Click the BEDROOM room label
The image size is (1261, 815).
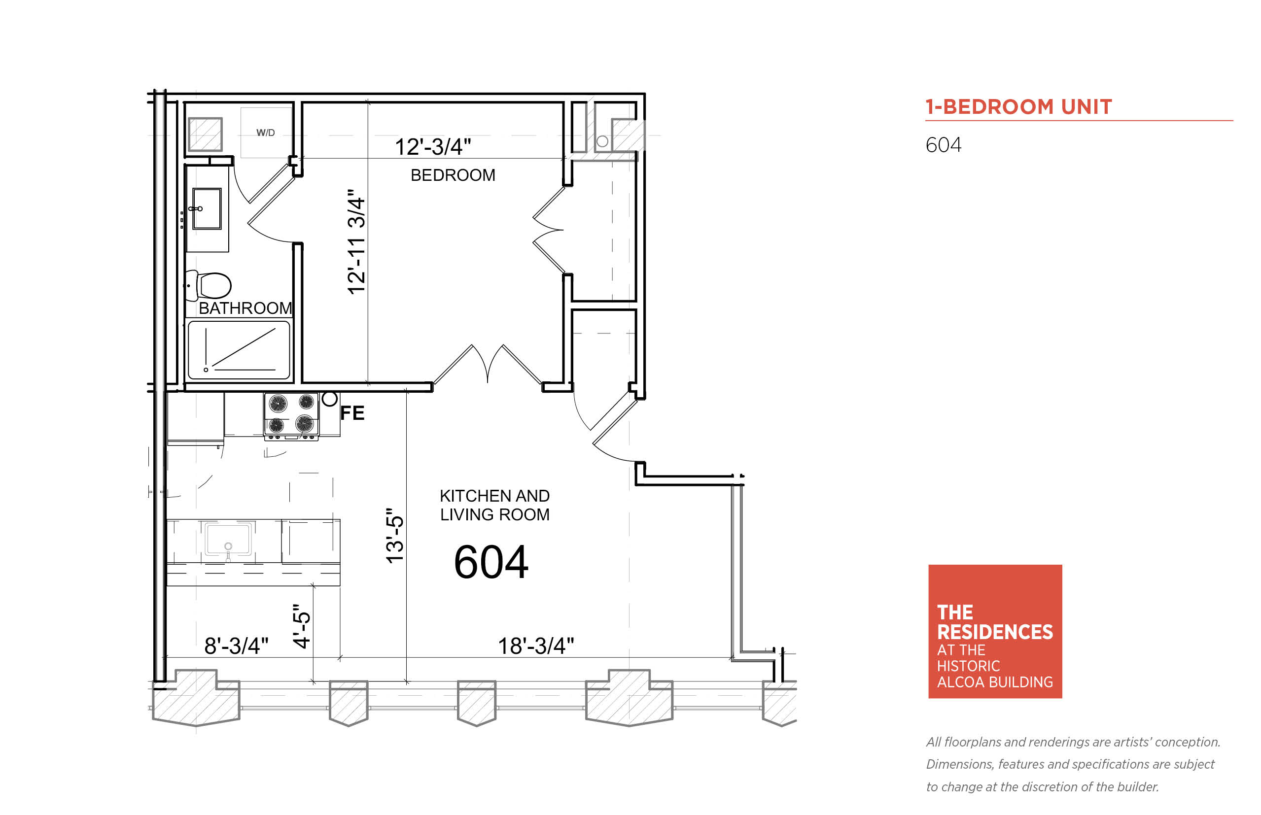click(453, 175)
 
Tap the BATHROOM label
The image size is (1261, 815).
click(245, 308)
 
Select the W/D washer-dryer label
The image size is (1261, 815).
click(265, 133)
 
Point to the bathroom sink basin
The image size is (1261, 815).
click(207, 208)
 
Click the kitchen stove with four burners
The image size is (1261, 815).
click(291, 416)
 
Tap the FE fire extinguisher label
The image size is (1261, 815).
click(352, 413)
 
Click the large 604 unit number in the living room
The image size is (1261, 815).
click(490, 562)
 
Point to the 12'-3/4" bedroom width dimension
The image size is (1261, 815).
click(432, 147)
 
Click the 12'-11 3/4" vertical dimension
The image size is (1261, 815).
click(356, 242)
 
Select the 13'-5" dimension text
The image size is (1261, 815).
click(394, 536)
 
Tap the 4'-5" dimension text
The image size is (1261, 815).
click(301, 627)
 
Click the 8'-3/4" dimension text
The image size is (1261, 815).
click(236, 645)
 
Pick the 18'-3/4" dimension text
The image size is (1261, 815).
click(536, 645)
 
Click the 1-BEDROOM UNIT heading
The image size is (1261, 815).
click(1018, 107)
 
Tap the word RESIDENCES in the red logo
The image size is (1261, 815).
click(995, 632)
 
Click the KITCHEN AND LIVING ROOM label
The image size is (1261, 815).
click(494, 505)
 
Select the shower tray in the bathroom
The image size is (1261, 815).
click(239, 350)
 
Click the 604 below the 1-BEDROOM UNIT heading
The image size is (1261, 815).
click(944, 145)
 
